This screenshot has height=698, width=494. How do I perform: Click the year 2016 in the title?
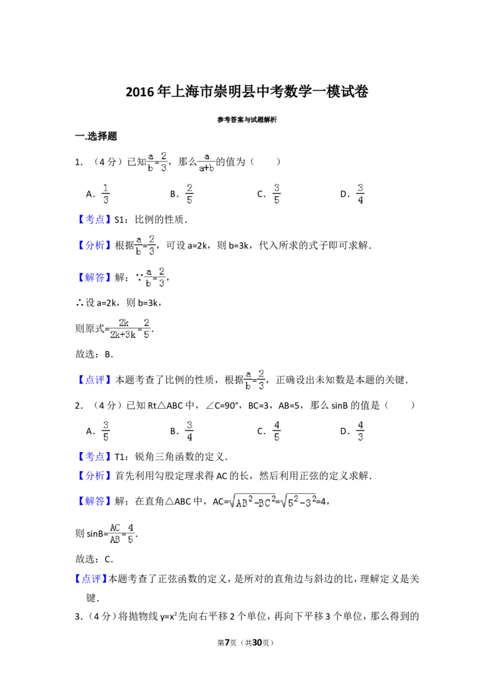tap(140, 92)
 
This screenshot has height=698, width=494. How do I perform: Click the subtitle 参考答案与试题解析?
tap(247, 120)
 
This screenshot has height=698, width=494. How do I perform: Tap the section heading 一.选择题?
tap(96, 136)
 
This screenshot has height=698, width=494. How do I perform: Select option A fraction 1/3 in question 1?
tap(106, 194)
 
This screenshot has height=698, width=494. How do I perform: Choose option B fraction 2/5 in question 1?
tap(190, 194)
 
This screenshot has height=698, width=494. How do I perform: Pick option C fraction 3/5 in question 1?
tap(277, 194)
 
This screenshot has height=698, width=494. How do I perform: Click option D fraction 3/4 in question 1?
tap(360, 194)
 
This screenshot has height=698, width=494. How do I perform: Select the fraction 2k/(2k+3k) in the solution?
tap(123, 329)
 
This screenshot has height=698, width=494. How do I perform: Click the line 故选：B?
tap(94, 355)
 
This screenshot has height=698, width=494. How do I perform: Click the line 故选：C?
tap(94, 559)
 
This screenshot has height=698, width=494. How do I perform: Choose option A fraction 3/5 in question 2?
tap(106, 431)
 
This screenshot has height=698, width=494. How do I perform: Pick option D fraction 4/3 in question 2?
tap(360, 431)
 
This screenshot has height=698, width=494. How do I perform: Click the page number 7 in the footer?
tap(227, 643)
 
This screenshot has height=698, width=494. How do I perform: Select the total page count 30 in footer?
tap(257, 643)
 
